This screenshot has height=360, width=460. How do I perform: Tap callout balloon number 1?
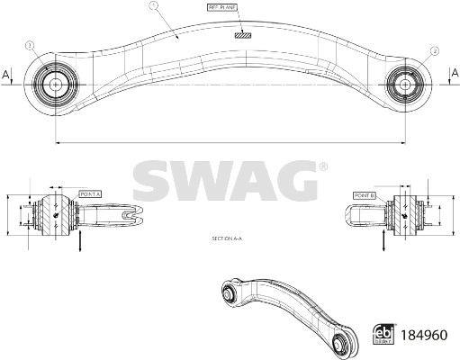[x=154, y=5]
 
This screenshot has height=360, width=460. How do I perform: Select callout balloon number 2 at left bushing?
[x=30, y=44]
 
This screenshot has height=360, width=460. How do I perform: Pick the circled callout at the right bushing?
[x=435, y=50]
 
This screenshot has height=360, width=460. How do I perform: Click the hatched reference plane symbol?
[x=241, y=36]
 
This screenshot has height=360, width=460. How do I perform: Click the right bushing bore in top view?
[x=406, y=84]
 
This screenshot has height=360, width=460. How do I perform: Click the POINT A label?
[x=91, y=193]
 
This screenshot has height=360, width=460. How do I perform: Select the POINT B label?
[x=365, y=194]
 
